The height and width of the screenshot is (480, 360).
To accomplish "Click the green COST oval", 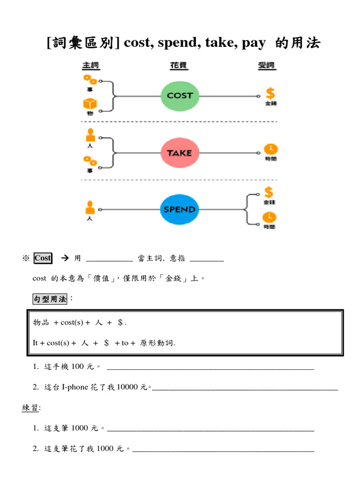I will (x=180, y=95).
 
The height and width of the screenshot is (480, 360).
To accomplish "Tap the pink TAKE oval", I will (x=180, y=153).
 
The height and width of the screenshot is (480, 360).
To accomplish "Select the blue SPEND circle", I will (x=180, y=209).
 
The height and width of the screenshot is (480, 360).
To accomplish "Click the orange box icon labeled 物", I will (x=89, y=104).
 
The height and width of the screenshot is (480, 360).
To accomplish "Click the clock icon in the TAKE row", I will (x=270, y=149).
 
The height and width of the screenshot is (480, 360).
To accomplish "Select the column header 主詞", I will (x=91, y=65).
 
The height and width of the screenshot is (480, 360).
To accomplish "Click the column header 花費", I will (x=179, y=65).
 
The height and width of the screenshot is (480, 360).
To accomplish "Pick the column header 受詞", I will (x=266, y=65).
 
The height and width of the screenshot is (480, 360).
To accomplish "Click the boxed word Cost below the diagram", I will (x=43, y=258).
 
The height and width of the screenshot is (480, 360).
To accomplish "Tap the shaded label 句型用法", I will (x=50, y=299).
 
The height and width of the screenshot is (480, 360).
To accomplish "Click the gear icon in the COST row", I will (x=89, y=79).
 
